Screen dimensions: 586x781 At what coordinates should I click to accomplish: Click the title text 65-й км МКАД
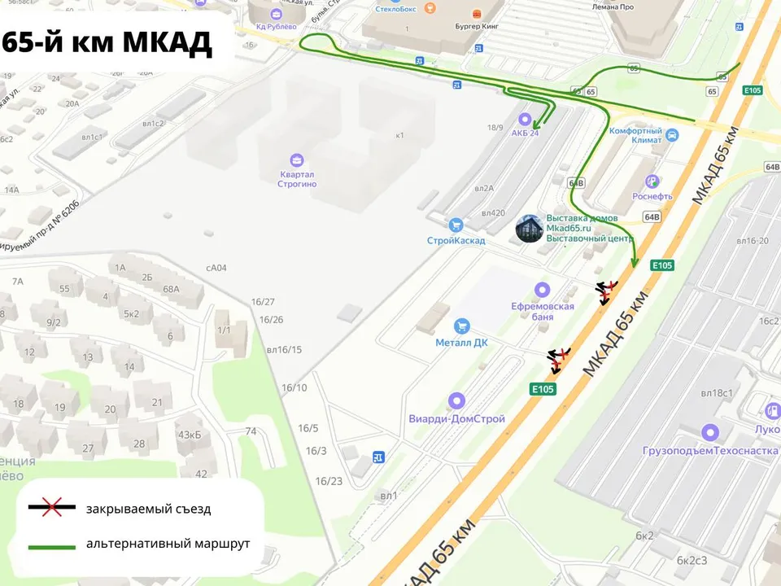point(107,42)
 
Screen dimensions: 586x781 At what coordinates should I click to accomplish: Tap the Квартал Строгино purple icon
point(297,160)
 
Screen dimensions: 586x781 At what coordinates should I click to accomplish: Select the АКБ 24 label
point(525,133)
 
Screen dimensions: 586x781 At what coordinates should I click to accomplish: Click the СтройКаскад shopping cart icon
point(456,225)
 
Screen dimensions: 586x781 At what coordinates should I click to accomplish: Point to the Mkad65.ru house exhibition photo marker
point(530,229)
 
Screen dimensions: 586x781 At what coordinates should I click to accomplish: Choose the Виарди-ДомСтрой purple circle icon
point(456,400)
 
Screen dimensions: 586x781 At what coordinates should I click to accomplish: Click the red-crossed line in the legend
point(52,509)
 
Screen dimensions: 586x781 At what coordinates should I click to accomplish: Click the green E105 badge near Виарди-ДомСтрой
point(543,389)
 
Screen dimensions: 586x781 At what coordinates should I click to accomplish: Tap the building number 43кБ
point(189,435)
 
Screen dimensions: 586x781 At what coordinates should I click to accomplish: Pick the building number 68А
point(171,288)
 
